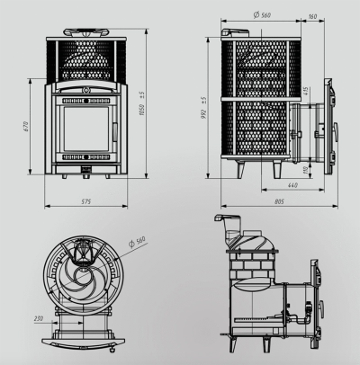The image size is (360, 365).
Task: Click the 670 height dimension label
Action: (x=25, y=127)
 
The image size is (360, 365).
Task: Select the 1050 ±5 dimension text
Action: (x=142, y=104)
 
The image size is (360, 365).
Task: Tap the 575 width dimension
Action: (x=86, y=201)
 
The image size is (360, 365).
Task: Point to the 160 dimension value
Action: (x=312, y=16)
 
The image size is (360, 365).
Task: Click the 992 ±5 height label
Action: (x=203, y=108)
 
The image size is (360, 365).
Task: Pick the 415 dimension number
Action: (x=306, y=91)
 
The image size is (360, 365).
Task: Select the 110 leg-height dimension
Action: (x=306, y=171)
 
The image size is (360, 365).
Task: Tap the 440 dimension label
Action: (x=292, y=185)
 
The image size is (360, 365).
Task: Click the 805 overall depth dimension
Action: (x=279, y=201)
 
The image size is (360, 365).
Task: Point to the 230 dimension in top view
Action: (x=39, y=318)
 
